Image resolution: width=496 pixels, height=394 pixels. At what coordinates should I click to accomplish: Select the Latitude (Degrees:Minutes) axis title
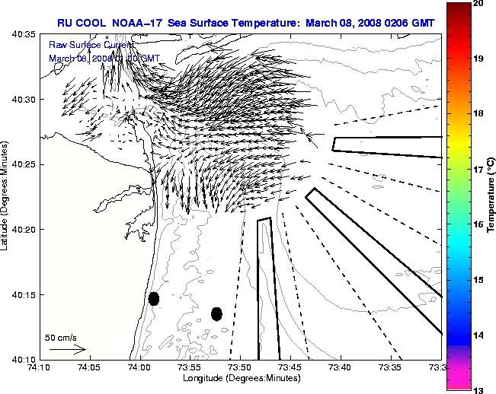click(x=7, y=197)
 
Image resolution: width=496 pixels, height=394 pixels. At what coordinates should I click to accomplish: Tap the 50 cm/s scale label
click(x=61, y=337)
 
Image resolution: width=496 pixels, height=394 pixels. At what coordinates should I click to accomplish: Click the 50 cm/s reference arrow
click(x=67, y=349)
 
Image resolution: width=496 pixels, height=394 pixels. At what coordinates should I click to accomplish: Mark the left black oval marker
click(x=154, y=299)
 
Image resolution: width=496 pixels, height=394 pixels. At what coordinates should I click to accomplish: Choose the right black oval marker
click(x=216, y=313)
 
